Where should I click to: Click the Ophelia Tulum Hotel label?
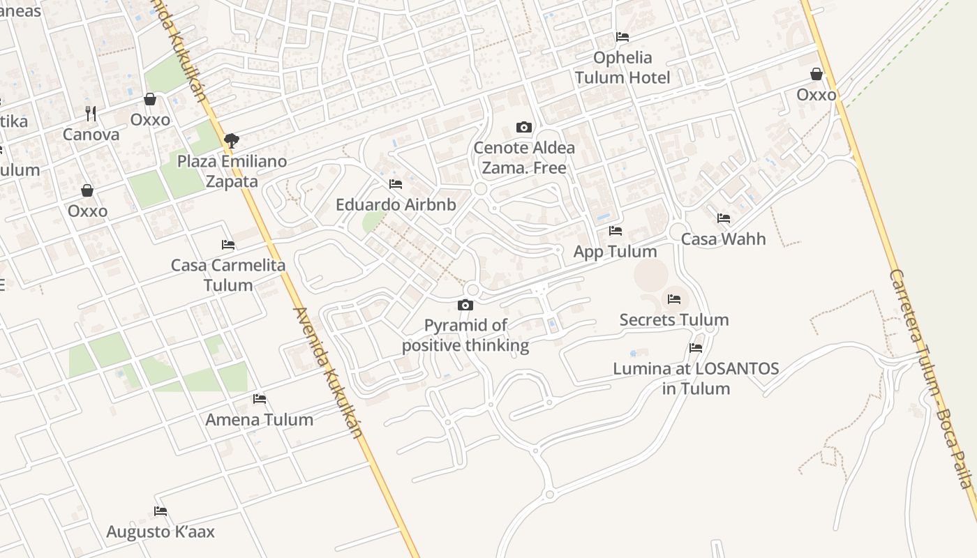pos(622,68)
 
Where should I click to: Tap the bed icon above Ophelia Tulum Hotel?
pos(622,37)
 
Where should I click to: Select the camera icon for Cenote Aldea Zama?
pos(523,127)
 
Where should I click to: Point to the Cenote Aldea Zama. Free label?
pos(524,158)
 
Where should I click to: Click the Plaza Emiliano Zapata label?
pos(232,172)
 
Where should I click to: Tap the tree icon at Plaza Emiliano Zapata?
pos(232,141)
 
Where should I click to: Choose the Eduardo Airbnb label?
pos(396,205)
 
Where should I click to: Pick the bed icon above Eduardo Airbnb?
pos(396,184)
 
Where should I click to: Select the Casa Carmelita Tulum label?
pos(228,276)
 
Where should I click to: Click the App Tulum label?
pos(615,251)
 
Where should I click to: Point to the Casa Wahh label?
pos(723,239)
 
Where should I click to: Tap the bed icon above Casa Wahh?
pos(723,218)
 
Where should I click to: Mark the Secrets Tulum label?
pos(674,320)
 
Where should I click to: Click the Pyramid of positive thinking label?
pos(465,335)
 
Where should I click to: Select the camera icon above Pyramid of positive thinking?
pos(465,305)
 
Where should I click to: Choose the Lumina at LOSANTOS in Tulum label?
pos(696,379)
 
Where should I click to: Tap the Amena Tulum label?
pos(260,420)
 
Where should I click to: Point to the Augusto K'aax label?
pos(161,532)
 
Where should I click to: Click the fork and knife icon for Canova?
pos(90,113)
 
